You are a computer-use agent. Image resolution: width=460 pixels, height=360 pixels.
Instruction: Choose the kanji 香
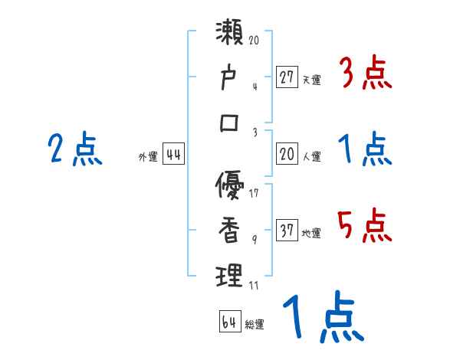[230, 231]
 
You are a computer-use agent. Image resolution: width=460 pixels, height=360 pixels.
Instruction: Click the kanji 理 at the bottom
[230, 276]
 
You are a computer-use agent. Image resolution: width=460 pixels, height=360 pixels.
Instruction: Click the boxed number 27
[287, 77]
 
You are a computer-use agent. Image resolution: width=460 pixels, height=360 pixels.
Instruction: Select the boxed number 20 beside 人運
[287, 155]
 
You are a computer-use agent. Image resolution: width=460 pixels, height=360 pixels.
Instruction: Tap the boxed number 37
[287, 231]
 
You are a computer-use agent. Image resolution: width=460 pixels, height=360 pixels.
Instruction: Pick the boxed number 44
[173, 155]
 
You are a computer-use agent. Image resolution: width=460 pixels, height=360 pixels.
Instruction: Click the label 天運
[311, 80]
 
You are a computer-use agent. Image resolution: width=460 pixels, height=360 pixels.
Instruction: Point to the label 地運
[311, 234]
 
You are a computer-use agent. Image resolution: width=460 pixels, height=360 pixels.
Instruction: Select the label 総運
[255, 325]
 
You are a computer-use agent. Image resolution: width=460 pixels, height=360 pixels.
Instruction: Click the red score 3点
[365, 75]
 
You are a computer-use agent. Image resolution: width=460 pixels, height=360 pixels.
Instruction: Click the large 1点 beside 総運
[322, 317]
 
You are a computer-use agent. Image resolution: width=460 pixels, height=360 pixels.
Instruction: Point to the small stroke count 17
[254, 193]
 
